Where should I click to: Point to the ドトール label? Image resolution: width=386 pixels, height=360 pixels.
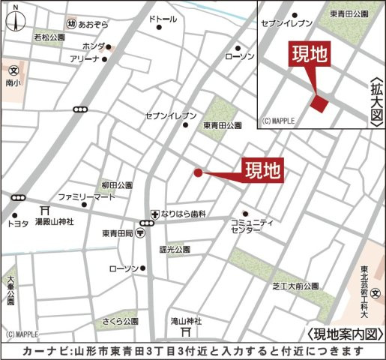pyautogui.click(x=164, y=17)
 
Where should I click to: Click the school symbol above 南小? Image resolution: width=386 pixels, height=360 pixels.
pyautogui.click(x=13, y=70)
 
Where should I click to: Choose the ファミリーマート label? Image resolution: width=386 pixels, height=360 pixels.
pyautogui.click(x=87, y=196)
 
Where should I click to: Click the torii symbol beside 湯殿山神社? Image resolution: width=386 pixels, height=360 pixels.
pyautogui.click(x=46, y=211)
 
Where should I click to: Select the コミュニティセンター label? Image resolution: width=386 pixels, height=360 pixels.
pyautogui.click(x=252, y=227)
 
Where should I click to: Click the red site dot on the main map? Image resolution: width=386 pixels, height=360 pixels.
pyautogui.click(x=198, y=172)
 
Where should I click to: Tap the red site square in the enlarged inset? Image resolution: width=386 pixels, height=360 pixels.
pyautogui.click(x=320, y=104)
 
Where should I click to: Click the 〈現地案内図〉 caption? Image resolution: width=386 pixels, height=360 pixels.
pyautogui.click(x=346, y=334)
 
